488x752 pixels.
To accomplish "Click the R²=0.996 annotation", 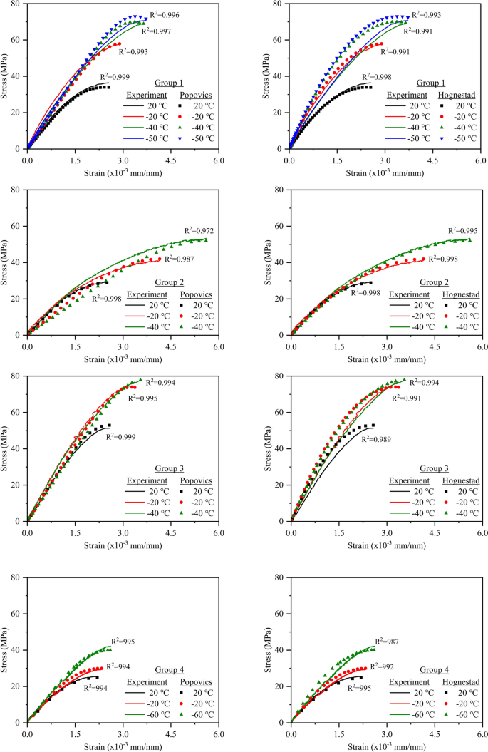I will click(165, 14).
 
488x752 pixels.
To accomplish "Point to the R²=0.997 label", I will click(157, 31).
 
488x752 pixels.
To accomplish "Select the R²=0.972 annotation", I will click(199, 230).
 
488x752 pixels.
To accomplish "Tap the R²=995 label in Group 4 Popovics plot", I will click(123, 642).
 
